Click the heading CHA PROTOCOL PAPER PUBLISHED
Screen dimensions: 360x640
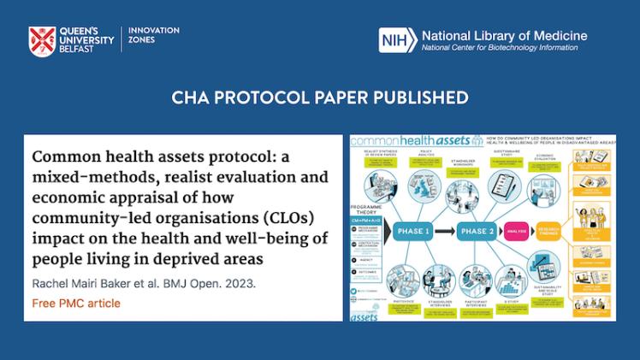coord(320,97)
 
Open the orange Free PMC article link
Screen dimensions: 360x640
coord(76,304)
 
